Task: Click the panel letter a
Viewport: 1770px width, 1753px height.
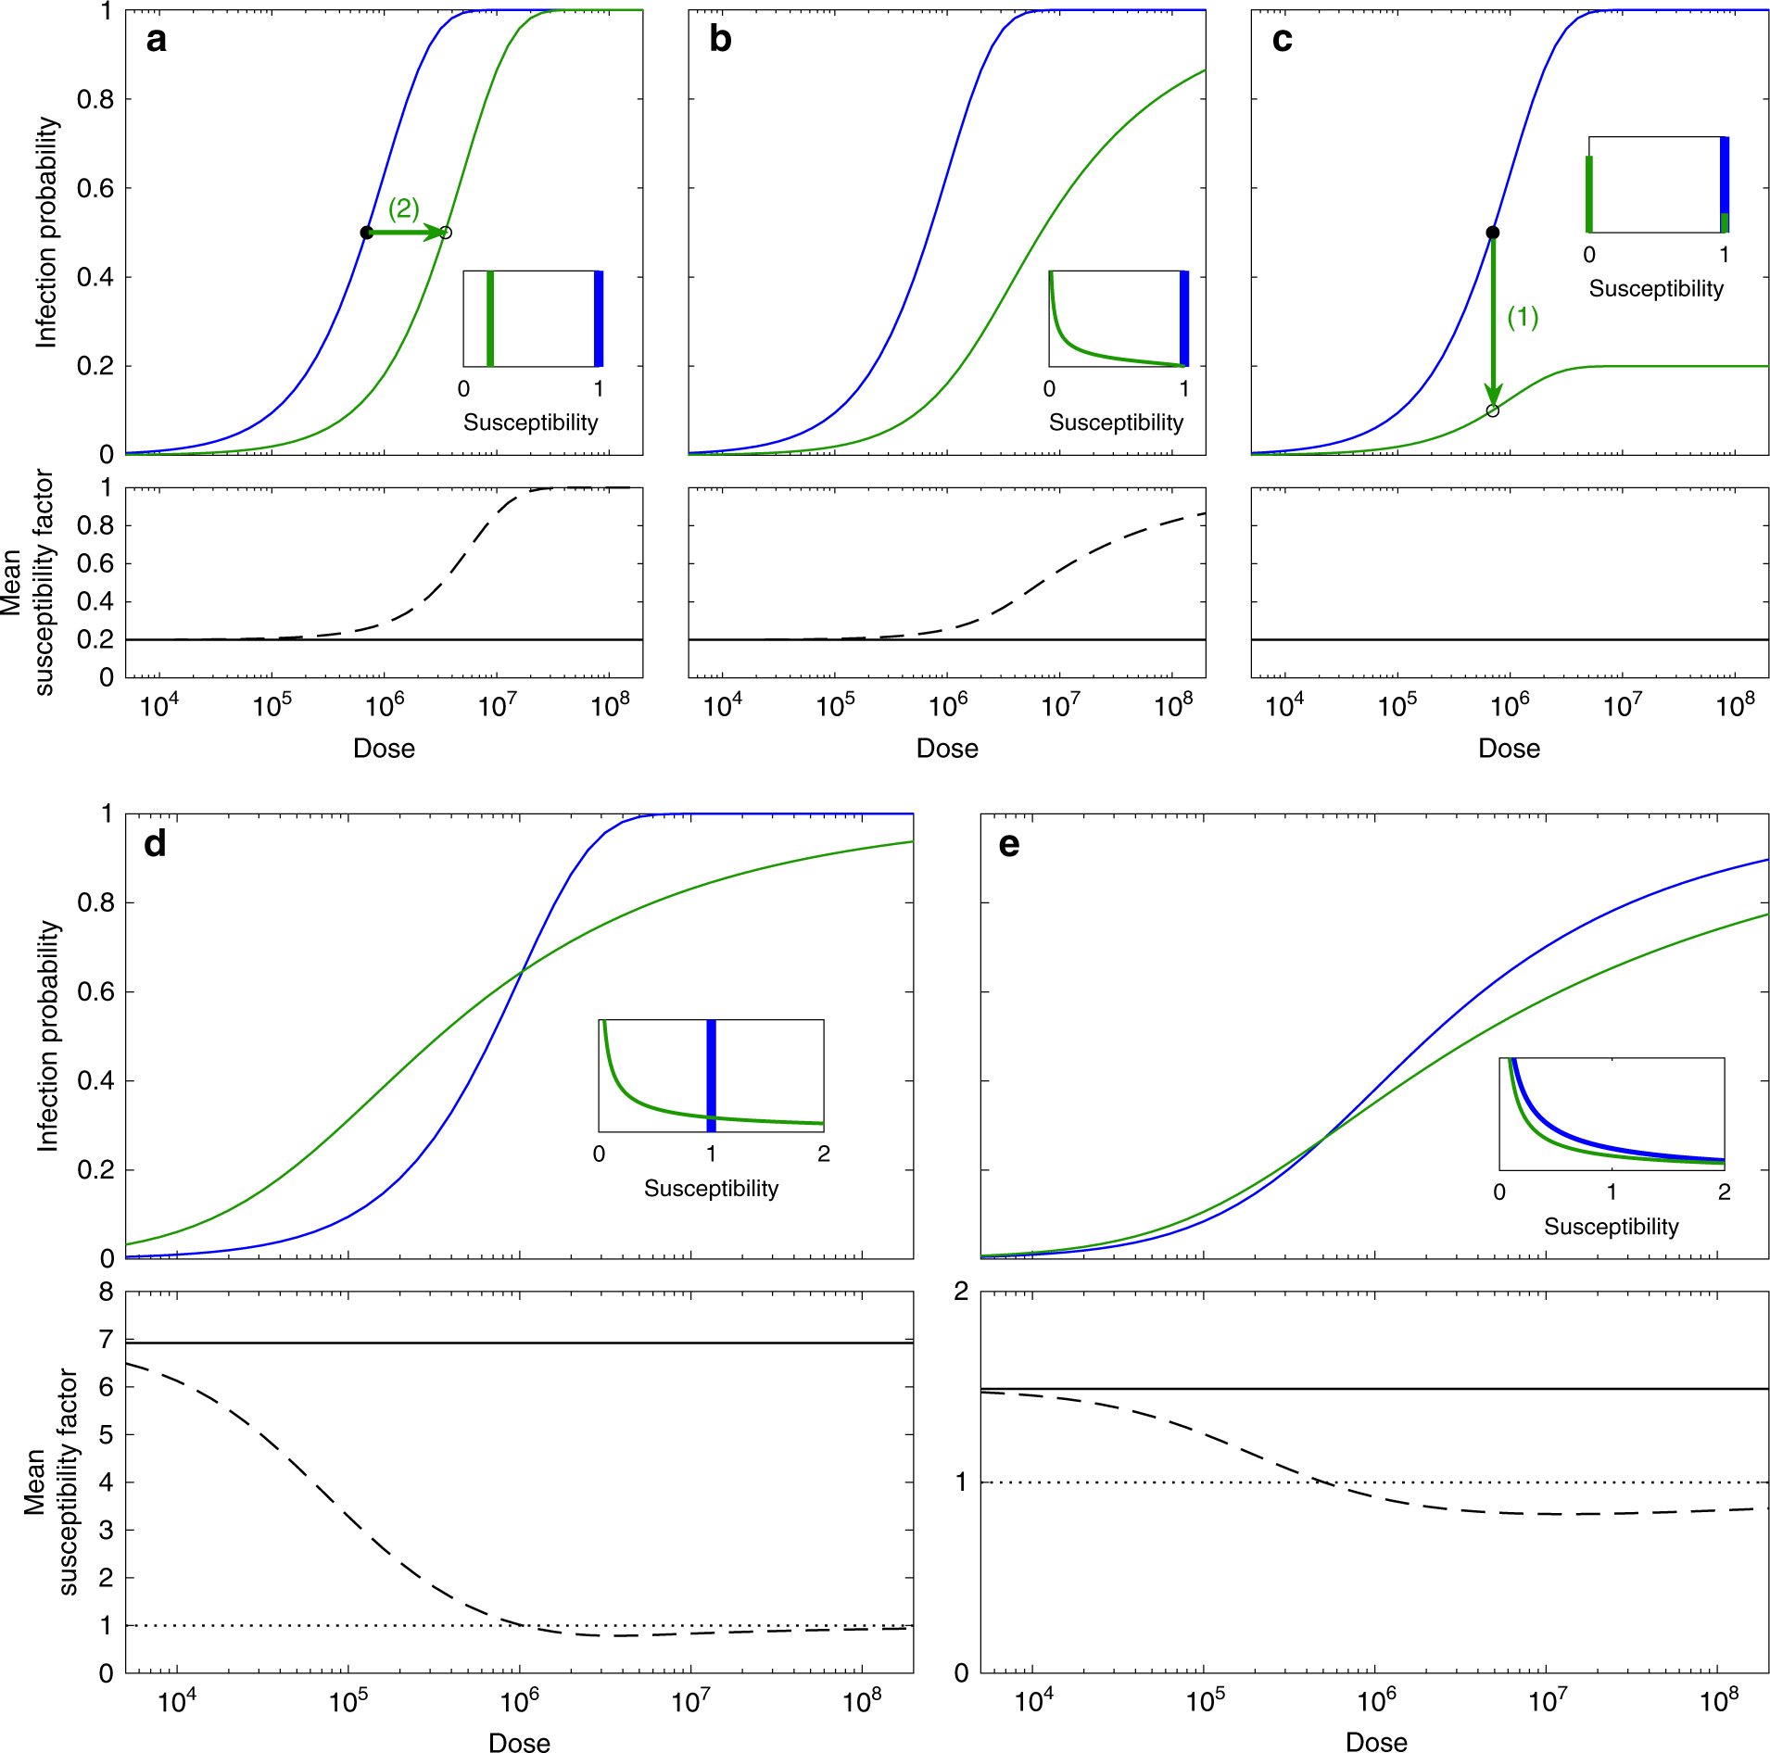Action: coord(157,40)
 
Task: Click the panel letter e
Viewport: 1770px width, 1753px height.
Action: coord(1009,844)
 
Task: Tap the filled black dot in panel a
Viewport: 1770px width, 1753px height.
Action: coord(367,233)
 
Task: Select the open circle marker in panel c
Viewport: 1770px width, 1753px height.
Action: coord(1492,410)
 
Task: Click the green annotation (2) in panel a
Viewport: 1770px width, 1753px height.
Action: coord(403,208)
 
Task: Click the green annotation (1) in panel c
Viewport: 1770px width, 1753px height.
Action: coord(1523,317)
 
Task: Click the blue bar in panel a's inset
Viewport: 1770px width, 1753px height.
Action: coord(599,319)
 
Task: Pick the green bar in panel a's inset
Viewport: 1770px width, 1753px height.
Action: coord(490,319)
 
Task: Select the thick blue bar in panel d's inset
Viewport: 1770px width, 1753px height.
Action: coord(711,1075)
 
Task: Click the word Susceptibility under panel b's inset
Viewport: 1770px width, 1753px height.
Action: coord(1116,422)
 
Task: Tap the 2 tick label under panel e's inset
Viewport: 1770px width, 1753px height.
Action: coord(1724,1192)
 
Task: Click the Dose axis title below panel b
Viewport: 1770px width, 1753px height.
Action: coord(947,749)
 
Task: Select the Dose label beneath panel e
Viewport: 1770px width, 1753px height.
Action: coord(1376,1742)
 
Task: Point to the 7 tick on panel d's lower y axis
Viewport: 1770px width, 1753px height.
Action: coord(107,1339)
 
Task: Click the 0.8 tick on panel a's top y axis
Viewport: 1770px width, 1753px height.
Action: coord(95,100)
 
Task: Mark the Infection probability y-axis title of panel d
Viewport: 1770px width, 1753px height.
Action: coord(47,1036)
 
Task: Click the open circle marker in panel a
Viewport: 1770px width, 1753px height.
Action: coord(446,233)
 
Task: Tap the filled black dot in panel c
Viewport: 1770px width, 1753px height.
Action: coord(1492,233)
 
